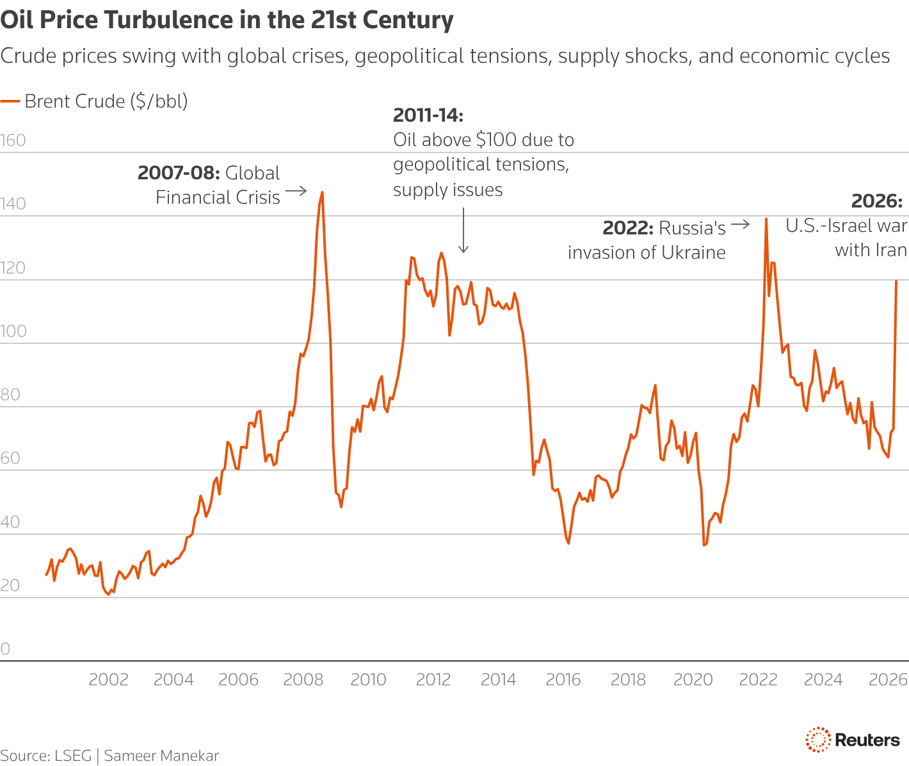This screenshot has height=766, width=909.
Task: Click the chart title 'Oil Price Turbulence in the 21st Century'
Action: click(227, 20)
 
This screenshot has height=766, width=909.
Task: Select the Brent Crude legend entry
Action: click(95, 101)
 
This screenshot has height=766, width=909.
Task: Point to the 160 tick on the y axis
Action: click(13, 140)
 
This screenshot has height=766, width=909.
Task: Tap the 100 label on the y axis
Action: click(13, 331)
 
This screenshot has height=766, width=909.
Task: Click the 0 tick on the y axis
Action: click(6, 649)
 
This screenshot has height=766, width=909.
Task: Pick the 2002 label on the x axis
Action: click(108, 680)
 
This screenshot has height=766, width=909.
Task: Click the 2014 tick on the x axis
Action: click(498, 680)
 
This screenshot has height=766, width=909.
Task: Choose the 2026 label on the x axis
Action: click(888, 680)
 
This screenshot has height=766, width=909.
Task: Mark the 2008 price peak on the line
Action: click(322, 192)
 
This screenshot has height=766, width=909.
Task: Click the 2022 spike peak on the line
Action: click(766, 219)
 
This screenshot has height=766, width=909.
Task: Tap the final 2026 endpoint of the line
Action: click(896, 281)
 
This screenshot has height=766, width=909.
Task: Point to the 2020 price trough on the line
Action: click(704, 545)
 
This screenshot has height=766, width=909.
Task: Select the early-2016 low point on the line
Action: click(568, 543)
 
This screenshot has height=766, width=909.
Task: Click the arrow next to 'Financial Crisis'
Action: click(296, 191)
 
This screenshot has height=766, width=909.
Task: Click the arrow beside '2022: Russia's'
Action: click(740, 224)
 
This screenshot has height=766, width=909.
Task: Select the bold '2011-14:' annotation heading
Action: click(428, 115)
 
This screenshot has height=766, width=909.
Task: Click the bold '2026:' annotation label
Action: click(876, 201)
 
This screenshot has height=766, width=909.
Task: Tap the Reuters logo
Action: click(853, 740)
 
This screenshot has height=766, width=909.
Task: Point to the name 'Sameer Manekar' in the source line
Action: click(161, 756)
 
